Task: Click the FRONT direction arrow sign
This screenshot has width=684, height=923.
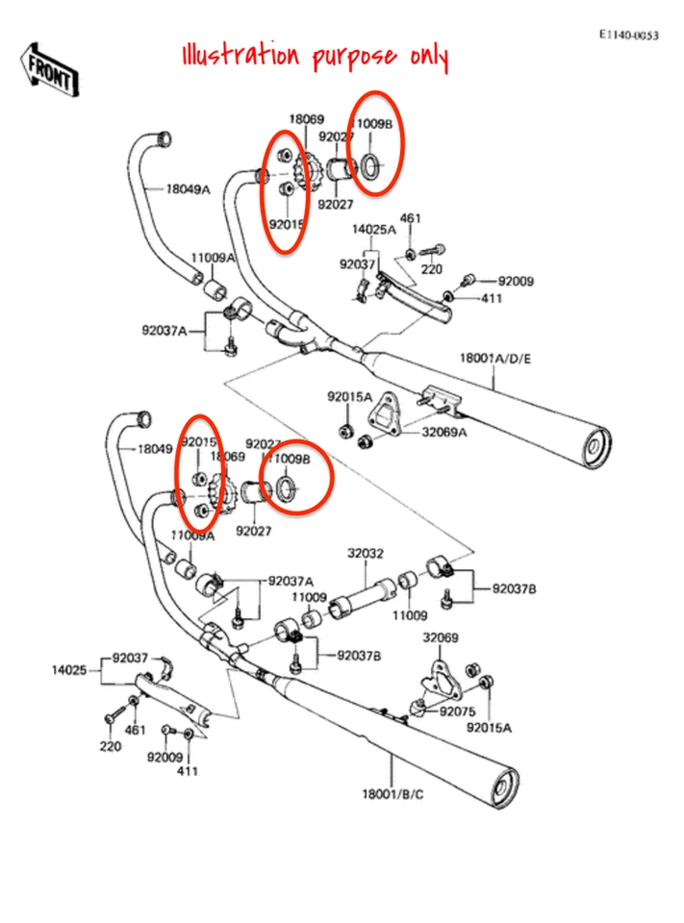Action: pos(51,70)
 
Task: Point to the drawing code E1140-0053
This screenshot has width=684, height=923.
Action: pos(629,36)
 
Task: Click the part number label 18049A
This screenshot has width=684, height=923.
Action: pos(188,190)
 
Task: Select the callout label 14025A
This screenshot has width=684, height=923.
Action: pos(373,230)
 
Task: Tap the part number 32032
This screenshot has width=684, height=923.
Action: pos(366,554)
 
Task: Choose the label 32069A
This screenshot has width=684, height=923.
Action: pos(443,432)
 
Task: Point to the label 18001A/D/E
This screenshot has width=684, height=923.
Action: pos(495,359)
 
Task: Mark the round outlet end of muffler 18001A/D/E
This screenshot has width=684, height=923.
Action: pos(596,448)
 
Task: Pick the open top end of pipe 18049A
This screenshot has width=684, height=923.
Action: pos(164,137)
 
